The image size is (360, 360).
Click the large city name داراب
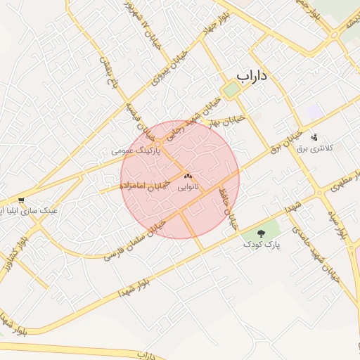[x=255, y=75]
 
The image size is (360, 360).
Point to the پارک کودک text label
[x=262, y=245]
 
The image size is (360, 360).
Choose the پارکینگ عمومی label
[x=136, y=151]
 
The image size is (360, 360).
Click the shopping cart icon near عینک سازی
[x=22, y=200]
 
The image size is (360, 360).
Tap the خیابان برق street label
[x=285, y=137]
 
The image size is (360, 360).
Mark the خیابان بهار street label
[x=229, y=120]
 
